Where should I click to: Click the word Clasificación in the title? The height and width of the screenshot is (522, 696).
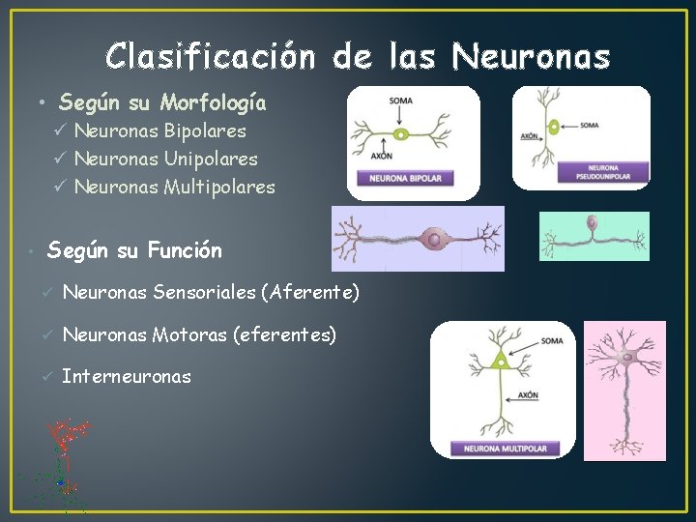[x=211, y=57]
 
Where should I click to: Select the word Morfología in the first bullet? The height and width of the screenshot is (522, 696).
[x=214, y=101]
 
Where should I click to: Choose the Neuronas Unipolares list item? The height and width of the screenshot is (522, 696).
[x=165, y=158]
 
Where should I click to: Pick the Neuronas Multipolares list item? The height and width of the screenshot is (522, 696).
[x=174, y=187]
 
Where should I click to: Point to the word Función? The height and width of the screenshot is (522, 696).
[x=185, y=251]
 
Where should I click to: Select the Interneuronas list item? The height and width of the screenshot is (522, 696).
[x=126, y=376]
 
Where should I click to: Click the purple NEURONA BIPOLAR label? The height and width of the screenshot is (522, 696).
[x=400, y=179]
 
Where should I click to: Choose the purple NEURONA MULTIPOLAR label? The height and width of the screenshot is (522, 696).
[x=505, y=449]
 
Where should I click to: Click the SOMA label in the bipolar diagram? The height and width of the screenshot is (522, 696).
[x=398, y=101]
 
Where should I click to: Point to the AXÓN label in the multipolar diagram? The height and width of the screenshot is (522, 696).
[x=528, y=395]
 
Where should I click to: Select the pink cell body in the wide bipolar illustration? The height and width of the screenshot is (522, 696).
[x=435, y=238]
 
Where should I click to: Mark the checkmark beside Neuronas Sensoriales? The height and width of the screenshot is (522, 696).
[x=44, y=292]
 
